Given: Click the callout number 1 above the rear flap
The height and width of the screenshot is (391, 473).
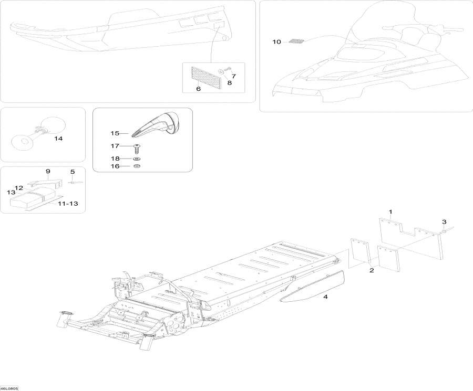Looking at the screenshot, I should pyautogui.click(x=390, y=212).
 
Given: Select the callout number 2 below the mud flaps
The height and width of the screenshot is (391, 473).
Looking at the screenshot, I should pyautogui.click(x=372, y=270).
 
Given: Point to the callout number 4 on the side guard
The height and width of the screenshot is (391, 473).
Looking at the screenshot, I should pyautogui.click(x=325, y=297).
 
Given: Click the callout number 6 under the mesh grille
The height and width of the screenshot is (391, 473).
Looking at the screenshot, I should pyautogui.click(x=199, y=89).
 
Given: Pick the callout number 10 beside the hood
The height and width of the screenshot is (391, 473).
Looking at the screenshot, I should pyautogui.click(x=276, y=41).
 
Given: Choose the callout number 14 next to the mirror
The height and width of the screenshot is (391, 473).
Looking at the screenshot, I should pyautogui.click(x=58, y=139).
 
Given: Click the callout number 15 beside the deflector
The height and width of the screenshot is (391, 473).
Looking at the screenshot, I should pyautogui.click(x=115, y=134).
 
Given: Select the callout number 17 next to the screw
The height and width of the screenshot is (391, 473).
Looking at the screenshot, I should pyautogui.click(x=115, y=146).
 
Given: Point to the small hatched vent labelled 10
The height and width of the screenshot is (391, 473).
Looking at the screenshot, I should pyautogui.click(x=296, y=41).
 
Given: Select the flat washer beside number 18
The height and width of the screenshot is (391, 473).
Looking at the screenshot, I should pyautogui.click(x=136, y=158).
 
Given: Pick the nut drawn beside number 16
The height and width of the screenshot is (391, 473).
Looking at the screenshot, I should pyautogui.click(x=136, y=166).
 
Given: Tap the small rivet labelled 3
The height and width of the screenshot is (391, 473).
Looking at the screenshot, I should pyautogui.click(x=444, y=230).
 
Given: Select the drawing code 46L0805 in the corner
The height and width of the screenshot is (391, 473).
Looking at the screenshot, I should pyautogui.click(x=9, y=388).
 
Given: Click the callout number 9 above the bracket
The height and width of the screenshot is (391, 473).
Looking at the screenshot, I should pyautogui.click(x=48, y=172).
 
